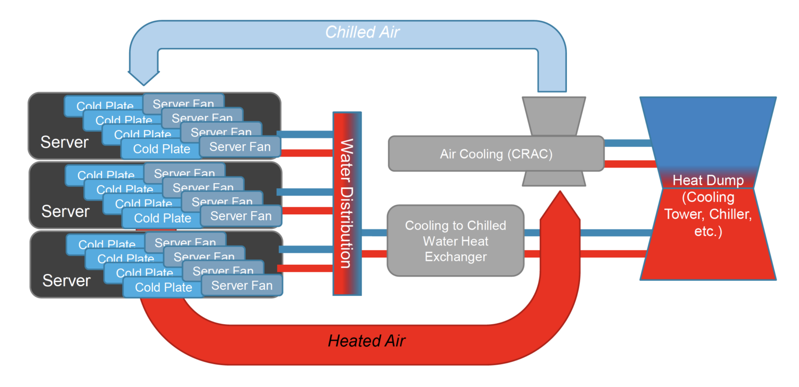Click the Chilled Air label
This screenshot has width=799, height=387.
point(363,32)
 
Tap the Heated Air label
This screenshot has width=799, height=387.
point(366,341)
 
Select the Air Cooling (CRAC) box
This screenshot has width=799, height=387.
point(496,154)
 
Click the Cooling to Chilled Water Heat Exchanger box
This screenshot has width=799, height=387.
point(455,241)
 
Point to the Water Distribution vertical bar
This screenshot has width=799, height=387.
point(346,203)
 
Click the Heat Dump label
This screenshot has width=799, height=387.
point(707,180)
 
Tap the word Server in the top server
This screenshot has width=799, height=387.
point(65,142)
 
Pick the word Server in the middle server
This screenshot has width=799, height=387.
point(66,211)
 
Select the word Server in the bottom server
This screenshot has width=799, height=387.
point(67,280)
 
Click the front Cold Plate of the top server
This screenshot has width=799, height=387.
point(161,149)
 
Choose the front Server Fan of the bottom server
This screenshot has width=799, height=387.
point(242,286)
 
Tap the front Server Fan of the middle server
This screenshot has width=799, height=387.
point(241,215)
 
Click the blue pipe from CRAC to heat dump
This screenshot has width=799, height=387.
point(627,143)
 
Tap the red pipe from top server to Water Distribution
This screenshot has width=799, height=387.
point(307,153)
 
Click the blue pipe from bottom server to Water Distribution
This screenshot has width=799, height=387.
point(307,249)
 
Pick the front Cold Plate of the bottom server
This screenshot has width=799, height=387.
point(163,287)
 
